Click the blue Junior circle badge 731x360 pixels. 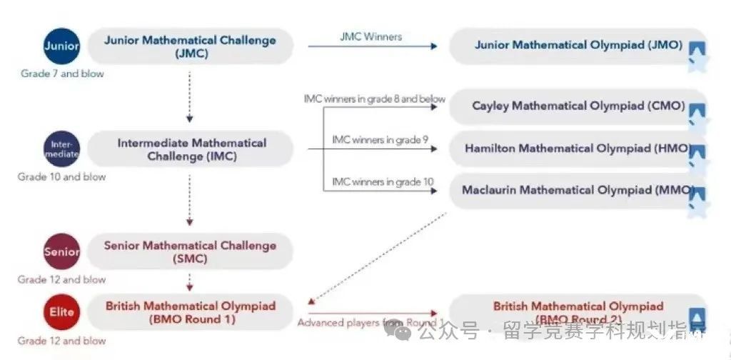(x=61, y=46)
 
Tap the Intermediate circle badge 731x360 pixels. (x=61, y=149)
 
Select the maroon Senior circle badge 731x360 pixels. (x=61, y=251)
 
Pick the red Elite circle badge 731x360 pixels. (x=61, y=312)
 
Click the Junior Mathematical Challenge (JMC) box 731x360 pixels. (x=190, y=46)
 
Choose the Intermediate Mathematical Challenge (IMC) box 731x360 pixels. (x=191, y=149)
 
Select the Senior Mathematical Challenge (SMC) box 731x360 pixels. (x=190, y=251)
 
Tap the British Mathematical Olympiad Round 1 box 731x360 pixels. (x=190, y=312)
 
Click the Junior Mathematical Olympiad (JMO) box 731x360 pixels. (x=578, y=46)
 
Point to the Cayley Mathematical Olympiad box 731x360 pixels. (x=578, y=106)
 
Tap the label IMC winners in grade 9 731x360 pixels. (x=380, y=139)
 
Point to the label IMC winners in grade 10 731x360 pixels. (x=383, y=181)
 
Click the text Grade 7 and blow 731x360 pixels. (x=61, y=74)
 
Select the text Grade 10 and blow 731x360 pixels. (x=61, y=176)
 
